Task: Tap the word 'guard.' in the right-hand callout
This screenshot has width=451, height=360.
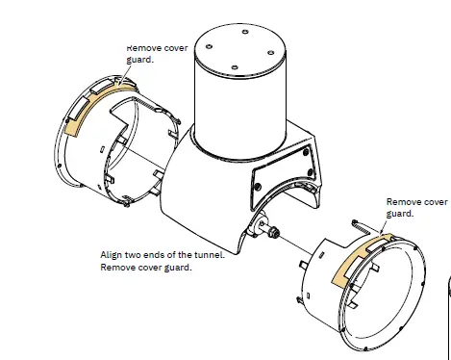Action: point(399,215)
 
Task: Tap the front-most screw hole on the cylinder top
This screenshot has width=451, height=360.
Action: point(235,65)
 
